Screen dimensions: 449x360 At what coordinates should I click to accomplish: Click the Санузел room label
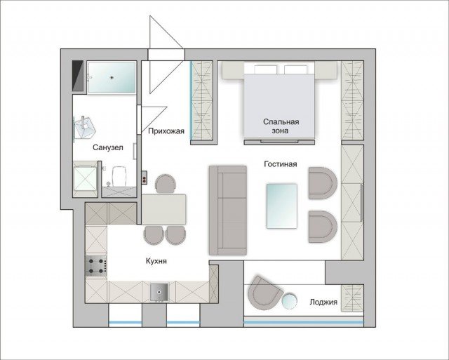[107, 147]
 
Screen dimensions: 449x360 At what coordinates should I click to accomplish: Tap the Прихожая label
[166, 131]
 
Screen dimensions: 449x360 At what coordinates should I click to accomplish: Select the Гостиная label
[281, 164]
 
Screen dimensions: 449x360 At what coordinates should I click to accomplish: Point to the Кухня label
[156, 261]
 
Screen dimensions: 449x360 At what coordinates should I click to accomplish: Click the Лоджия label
[323, 302]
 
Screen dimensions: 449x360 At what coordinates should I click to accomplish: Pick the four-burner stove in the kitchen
[96, 266]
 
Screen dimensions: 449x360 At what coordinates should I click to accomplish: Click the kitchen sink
[159, 293]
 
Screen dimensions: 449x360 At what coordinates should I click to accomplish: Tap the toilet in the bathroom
[119, 176]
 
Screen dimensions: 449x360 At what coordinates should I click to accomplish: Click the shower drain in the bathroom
[112, 77]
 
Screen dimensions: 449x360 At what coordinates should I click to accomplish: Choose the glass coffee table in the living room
[282, 206]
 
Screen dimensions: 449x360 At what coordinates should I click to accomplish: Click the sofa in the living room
[228, 211]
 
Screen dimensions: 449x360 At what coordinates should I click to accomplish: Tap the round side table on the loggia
[289, 302]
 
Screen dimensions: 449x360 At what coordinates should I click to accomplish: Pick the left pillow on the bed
[266, 69]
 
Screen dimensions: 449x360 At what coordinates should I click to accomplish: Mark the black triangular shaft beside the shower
[77, 76]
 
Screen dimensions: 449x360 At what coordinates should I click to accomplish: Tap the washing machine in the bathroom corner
[85, 179]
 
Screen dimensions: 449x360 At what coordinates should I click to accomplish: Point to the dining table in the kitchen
[164, 209]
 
